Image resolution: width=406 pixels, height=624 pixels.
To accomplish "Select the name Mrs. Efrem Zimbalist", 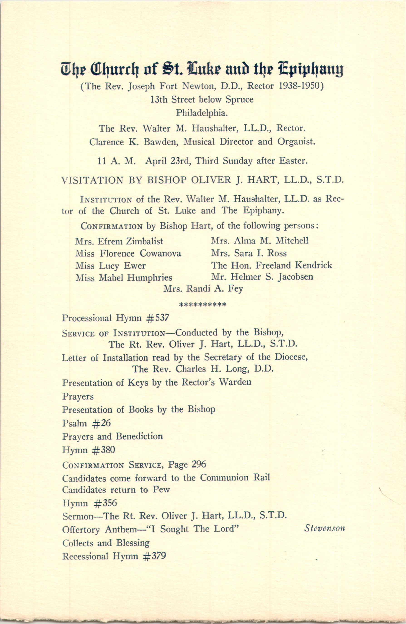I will (x=119, y=241).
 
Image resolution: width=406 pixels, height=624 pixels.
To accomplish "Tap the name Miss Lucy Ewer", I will (x=110, y=266).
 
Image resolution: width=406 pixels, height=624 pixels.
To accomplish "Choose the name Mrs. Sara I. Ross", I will (x=249, y=253).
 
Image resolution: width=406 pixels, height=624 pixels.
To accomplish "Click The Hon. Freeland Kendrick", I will (x=271, y=265).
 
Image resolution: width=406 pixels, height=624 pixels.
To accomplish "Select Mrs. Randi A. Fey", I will (x=203, y=289).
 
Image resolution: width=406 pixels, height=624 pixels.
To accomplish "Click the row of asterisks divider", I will (x=202, y=305).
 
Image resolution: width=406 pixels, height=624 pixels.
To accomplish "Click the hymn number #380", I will (x=104, y=450).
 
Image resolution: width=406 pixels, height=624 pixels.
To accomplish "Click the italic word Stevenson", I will (x=324, y=528).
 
